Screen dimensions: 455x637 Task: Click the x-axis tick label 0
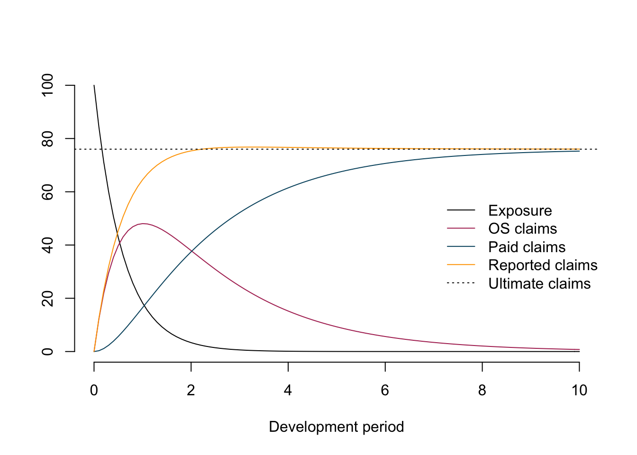94,391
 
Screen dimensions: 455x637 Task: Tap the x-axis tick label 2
191,391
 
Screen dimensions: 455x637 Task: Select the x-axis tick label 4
288,391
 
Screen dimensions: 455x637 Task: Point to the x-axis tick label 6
385,391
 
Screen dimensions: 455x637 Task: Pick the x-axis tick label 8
482,391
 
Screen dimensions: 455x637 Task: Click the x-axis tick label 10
579,391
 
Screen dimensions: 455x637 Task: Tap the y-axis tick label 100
48,85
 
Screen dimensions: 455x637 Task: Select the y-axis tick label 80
48,138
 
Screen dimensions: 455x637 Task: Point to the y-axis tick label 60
48,191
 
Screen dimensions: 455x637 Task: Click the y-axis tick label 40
48,245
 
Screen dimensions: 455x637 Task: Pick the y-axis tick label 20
48,298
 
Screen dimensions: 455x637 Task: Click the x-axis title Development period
337,427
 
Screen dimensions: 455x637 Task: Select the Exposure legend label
520,210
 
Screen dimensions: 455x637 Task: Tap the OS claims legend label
522,229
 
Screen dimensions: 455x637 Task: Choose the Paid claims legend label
527,247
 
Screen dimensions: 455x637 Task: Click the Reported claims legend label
543,265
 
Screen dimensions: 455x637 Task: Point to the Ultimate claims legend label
539,283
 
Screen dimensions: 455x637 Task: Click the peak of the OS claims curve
143,224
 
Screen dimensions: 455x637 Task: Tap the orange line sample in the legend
461,265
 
